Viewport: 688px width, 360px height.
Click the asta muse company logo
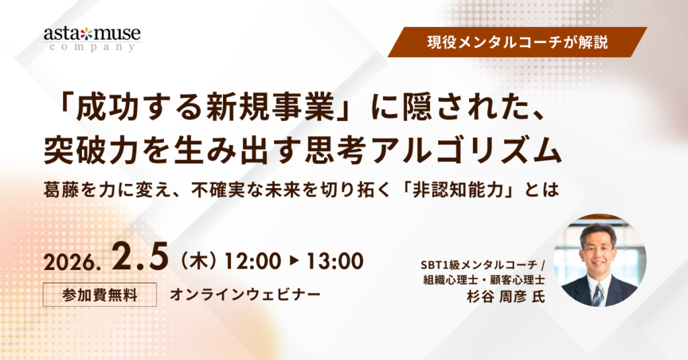(92, 38)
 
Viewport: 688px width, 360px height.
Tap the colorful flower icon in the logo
(87, 34)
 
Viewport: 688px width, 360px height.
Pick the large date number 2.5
(139, 258)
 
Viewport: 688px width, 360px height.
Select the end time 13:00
(335, 261)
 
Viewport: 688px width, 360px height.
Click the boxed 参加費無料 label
(99, 294)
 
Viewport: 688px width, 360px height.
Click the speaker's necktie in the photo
(598, 294)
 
